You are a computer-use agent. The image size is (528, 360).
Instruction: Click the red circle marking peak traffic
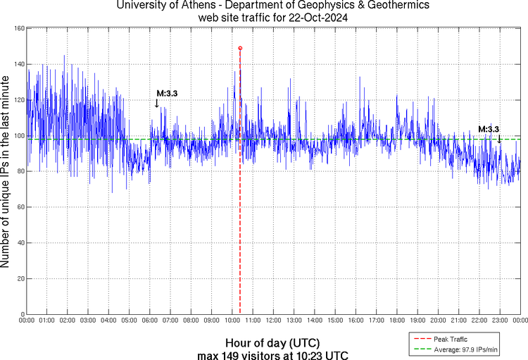pyautogui.click(x=240, y=48)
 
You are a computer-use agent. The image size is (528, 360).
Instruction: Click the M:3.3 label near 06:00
pyautogui.click(x=166, y=93)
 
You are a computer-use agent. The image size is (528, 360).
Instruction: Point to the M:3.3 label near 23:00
pyautogui.click(x=489, y=129)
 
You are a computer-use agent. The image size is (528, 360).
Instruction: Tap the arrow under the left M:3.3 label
pyautogui.click(x=156, y=104)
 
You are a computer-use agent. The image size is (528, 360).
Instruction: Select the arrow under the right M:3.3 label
pyautogui.click(x=499, y=139)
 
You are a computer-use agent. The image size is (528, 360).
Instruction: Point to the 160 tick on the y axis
pyautogui.click(x=19, y=28)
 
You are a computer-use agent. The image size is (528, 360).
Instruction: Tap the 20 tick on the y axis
pyautogui.click(x=20, y=278)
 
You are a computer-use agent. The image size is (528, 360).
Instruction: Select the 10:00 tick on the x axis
pyautogui.click(x=232, y=321)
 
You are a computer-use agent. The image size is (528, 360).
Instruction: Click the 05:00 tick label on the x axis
pyautogui.click(x=130, y=321)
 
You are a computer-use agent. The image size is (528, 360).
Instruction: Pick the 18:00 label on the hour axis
pyautogui.click(x=397, y=321)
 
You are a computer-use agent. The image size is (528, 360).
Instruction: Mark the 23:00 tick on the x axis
pyautogui.click(x=500, y=321)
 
